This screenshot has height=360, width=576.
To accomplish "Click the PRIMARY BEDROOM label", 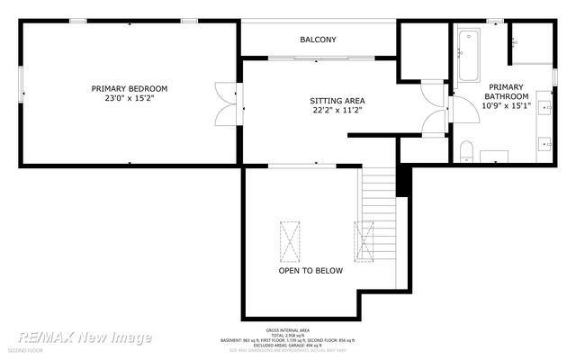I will [130, 88].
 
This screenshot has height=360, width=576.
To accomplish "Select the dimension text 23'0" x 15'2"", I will [130, 100].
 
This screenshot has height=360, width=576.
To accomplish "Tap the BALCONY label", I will [318, 40].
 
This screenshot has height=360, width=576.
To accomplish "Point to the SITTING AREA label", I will [337, 101].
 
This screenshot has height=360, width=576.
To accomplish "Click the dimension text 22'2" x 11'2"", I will [337, 112].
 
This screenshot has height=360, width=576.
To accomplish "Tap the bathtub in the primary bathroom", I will [468, 56].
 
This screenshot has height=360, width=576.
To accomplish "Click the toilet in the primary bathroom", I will [466, 152].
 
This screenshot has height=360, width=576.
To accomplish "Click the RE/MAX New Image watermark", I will [85, 337].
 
